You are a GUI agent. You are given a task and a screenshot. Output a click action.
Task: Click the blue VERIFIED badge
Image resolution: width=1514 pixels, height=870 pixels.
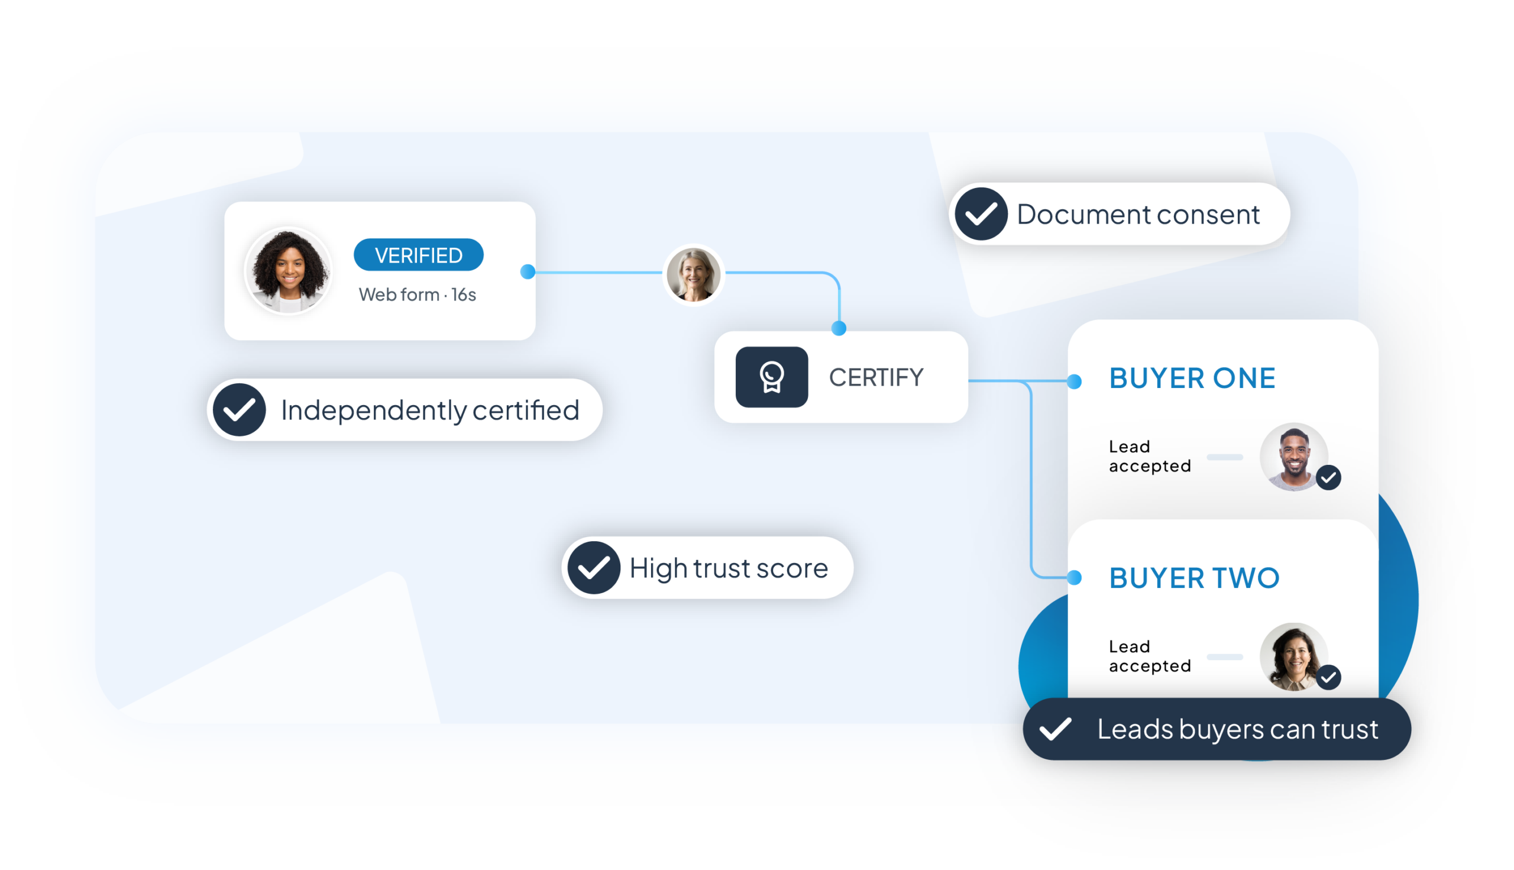click(x=418, y=255)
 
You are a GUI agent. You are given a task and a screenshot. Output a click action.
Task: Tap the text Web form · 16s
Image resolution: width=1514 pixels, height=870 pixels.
click(x=417, y=295)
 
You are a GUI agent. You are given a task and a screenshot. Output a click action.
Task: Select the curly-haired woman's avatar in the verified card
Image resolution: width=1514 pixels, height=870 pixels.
click(x=289, y=271)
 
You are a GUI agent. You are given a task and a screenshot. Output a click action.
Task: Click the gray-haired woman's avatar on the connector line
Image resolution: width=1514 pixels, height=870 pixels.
click(x=693, y=274)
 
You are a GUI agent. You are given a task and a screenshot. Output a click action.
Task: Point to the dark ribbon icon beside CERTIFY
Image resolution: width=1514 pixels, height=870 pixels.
click(x=771, y=377)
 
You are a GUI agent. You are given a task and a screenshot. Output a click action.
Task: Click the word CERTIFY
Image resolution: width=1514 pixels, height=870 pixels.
click(x=876, y=378)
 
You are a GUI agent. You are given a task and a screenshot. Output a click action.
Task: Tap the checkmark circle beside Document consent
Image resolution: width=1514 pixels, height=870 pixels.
click(x=981, y=214)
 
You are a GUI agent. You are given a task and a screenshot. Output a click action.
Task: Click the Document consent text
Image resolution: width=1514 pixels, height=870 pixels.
click(x=1138, y=215)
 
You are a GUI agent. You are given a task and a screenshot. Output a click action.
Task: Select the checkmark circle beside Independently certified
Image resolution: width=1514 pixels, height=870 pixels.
click(x=240, y=410)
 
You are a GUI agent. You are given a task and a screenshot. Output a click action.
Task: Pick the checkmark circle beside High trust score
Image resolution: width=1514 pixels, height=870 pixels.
click(x=593, y=568)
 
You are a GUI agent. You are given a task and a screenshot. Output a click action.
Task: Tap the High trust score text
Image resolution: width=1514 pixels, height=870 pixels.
click(x=729, y=568)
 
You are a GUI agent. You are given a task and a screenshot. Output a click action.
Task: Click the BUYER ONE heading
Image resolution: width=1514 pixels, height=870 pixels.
click(x=1192, y=379)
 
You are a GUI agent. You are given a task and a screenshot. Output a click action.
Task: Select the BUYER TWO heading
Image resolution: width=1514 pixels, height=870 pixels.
click(x=1194, y=578)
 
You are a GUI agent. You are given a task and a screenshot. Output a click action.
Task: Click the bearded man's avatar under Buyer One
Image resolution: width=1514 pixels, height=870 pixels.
click(x=1294, y=457)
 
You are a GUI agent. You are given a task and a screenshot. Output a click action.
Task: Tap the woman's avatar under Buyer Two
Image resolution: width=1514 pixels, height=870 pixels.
click(x=1294, y=657)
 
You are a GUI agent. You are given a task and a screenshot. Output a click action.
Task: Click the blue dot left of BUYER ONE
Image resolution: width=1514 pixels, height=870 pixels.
click(x=1074, y=381)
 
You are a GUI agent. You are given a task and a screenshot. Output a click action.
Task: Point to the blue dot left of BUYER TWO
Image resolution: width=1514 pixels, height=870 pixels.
click(x=1074, y=577)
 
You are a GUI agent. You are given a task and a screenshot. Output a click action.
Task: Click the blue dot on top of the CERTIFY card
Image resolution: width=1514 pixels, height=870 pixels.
click(x=839, y=328)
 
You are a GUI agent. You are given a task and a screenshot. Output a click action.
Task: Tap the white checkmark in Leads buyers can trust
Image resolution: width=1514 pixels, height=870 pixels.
click(x=1055, y=729)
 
